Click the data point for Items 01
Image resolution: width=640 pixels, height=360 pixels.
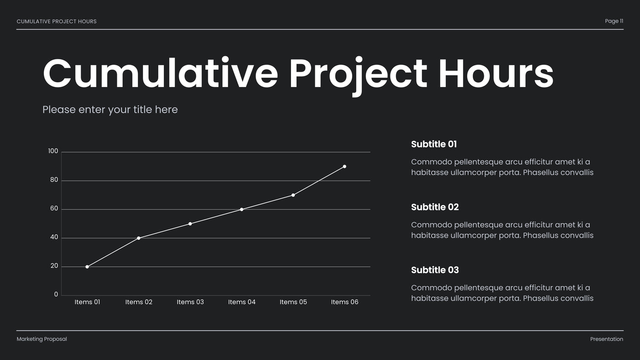(x=87, y=267)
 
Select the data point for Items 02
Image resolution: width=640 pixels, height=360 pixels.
(x=139, y=238)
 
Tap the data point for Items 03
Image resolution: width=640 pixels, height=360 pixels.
(x=190, y=224)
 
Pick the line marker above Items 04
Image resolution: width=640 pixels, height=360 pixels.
(x=242, y=209)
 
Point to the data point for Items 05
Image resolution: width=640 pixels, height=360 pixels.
(x=293, y=195)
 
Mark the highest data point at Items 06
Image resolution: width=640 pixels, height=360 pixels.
(x=345, y=166)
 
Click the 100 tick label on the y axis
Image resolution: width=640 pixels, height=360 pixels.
(x=53, y=151)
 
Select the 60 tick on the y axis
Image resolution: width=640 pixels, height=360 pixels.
(x=54, y=208)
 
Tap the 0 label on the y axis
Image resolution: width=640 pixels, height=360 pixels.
(x=56, y=294)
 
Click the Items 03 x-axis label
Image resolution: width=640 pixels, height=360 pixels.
(x=190, y=302)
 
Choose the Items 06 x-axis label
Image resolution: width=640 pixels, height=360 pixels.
(x=345, y=302)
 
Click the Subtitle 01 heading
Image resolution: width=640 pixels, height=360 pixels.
(x=434, y=144)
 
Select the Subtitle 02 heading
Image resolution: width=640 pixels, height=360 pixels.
(x=435, y=207)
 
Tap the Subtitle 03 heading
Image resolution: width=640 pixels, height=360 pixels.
(x=435, y=270)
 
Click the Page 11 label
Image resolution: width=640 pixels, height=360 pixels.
(x=614, y=21)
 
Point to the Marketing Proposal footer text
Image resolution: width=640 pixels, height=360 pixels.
(x=42, y=339)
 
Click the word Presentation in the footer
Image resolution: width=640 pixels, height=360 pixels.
(x=607, y=339)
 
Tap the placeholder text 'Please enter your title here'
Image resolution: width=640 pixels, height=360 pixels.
(x=110, y=110)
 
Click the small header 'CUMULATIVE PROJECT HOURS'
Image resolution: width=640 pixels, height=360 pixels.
(x=57, y=21)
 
